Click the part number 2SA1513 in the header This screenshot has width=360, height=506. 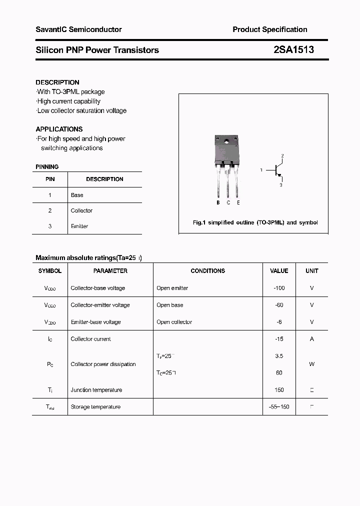click(293, 49)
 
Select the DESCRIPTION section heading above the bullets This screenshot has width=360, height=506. click(57, 82)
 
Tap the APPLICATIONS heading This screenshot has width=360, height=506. click(59, 129)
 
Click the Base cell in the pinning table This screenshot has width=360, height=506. click(77, 195)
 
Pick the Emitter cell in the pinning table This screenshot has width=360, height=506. click(79, 226)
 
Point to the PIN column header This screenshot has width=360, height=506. click(50, 179)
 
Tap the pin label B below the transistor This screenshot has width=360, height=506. click(218, 202)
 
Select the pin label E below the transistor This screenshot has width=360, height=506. click(238, 202)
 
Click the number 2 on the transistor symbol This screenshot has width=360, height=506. click(282, 156)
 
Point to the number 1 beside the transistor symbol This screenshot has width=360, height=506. click(261, 170)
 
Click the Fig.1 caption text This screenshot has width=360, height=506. click(255, 222)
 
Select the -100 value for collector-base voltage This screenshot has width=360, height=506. click(279, 288)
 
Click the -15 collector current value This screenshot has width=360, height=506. click(279, 339)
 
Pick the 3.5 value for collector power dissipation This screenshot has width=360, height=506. click(279, 356)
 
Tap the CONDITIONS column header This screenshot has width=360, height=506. click(208, 271)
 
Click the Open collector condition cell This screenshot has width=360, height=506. click(174, 322)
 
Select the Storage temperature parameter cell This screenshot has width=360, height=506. click(95, 407)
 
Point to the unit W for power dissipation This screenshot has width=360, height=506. click(311, 364)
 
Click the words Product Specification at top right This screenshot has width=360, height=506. click(270, 29)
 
